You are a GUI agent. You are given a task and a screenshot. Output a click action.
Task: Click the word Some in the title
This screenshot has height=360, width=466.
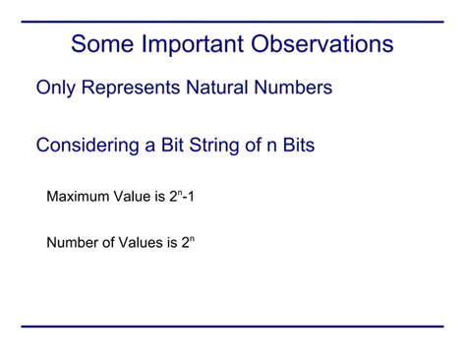point(103,45)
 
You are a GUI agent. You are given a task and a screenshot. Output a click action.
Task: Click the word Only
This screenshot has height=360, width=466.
point(55,89)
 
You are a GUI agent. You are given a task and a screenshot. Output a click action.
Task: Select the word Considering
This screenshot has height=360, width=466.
point(87,146)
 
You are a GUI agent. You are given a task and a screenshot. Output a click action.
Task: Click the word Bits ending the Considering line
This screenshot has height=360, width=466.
point(294,146)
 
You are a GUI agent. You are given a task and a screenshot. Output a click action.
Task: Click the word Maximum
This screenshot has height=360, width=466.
point(80,197)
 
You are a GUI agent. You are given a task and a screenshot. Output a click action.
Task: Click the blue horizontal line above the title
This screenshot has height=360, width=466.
point(232,21)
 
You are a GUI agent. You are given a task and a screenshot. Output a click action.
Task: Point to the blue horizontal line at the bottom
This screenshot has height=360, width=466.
point(232,327)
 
